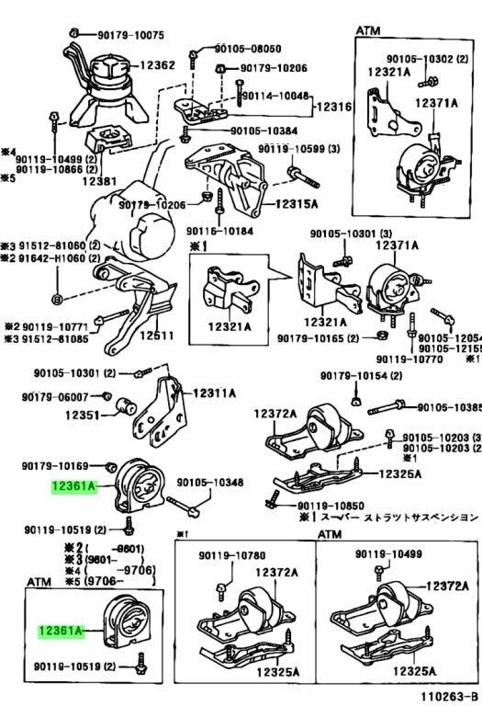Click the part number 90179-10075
tap(131, 35)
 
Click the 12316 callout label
tap(335, 108)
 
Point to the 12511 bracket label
tap(157, 336)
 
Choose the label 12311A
tap(214, 393)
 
